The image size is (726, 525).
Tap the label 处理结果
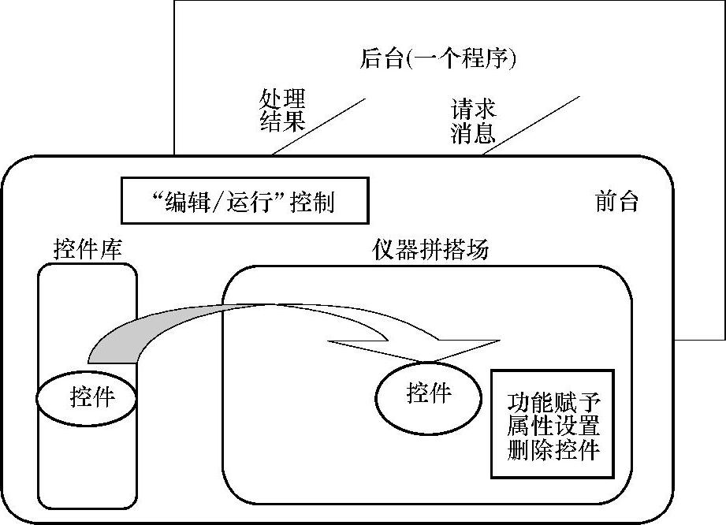(281, 110)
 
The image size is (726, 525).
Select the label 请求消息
(473, 121)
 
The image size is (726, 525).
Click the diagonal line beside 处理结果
(318, 126)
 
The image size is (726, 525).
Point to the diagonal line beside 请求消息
(531, 125)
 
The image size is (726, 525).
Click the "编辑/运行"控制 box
(244, 201)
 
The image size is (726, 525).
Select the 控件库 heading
(87, 250)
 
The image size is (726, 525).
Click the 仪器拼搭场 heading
(430, 250)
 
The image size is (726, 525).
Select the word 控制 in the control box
(312, 202)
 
